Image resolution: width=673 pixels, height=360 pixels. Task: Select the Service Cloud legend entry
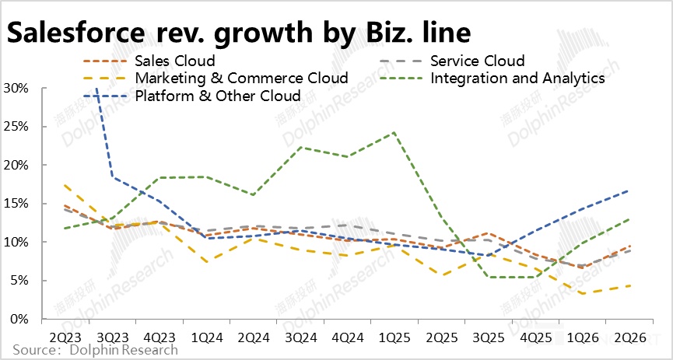(x=477, y=61)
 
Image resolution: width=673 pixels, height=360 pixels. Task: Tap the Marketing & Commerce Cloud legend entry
(x=240, y=79)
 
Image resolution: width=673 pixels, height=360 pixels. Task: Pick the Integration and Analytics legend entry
(x=517, y=79)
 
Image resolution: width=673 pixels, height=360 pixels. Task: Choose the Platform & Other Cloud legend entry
(x=217, y=96)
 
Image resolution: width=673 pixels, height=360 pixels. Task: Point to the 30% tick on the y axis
(x=16, y=89)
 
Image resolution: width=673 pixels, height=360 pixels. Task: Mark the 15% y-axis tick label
(x=16, y=204)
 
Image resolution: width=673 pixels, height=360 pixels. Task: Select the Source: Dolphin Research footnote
(x=95, y=351)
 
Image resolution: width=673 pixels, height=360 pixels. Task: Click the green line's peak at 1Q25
(x=394, y=132)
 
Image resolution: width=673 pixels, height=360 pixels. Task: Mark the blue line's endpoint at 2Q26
(x=629, y=190)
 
